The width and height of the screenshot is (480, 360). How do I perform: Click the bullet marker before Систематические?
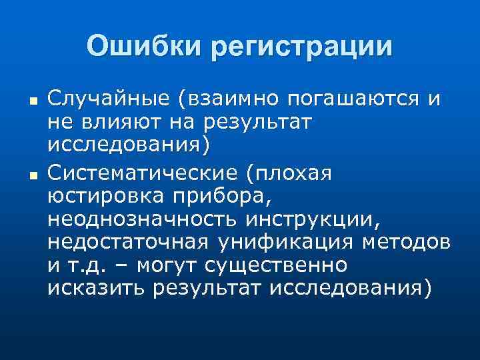click(x=32, y=176)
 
